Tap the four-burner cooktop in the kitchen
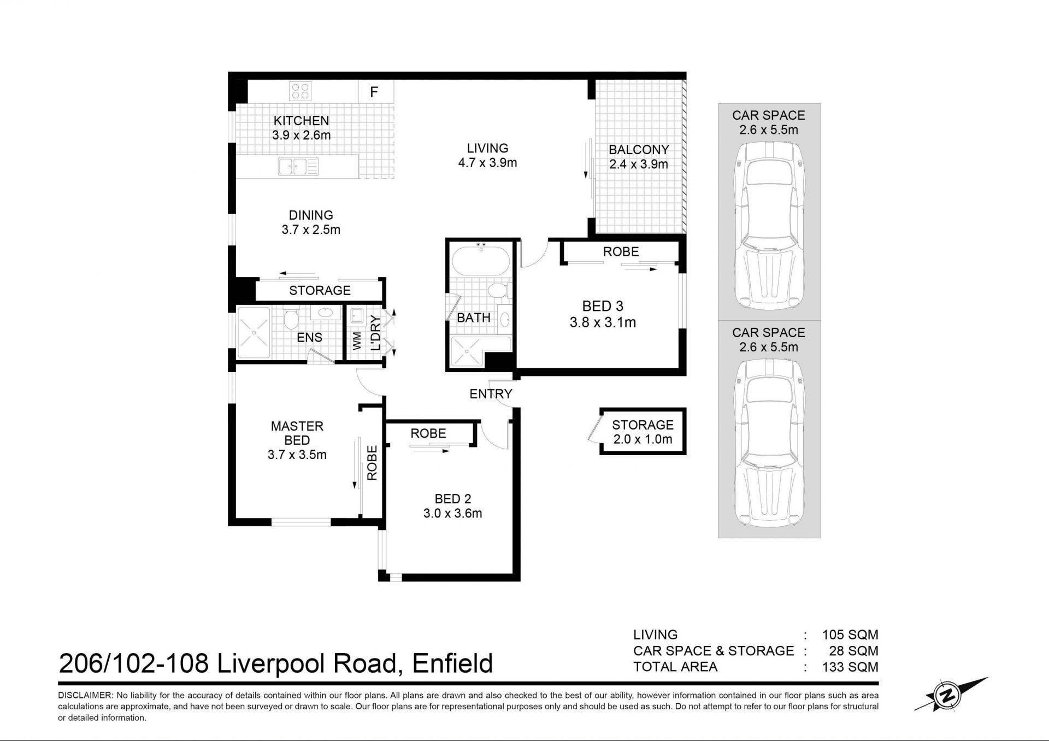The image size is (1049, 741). pos(300,91)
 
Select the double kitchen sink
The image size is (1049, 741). pos(298,166)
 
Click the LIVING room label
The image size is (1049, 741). pos(487,148)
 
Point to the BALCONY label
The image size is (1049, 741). pos(639,150)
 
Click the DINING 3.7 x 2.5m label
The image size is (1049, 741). pos(311,222)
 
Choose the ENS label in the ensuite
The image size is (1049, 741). pos(309,338)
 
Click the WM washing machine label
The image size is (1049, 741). pos(357,340)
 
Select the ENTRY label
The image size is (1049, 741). pos(491,394)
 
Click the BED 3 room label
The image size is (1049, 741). pos(603,306)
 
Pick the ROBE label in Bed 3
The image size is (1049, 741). pos(621,251)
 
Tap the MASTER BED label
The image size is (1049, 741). pos(297,433)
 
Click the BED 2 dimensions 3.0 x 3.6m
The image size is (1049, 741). pos(452,513)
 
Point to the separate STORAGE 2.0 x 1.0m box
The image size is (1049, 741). pos(642,432)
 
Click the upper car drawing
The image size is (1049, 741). pos(769,226)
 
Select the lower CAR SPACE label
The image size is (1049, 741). pos(769,333)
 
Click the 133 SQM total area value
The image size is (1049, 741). pos(850,667)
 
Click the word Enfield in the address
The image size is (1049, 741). pos(452,663)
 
